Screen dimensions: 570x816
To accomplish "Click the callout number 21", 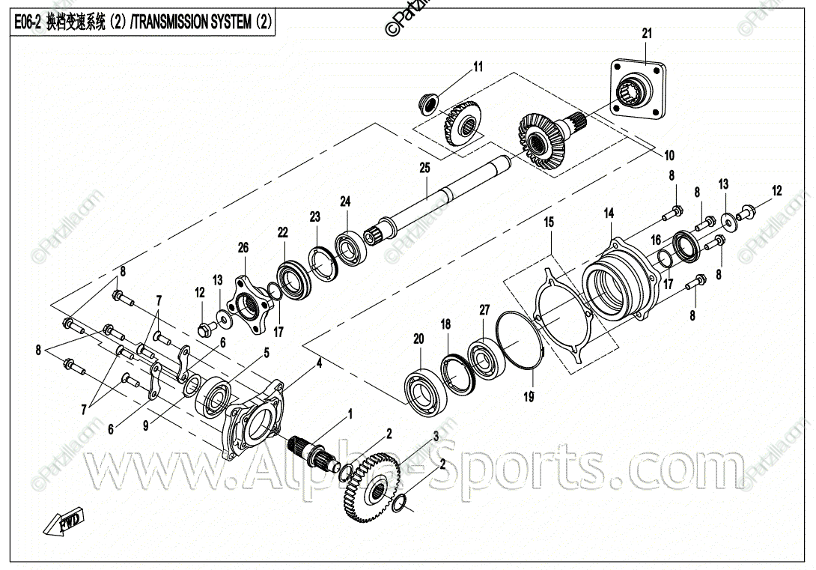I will [647, 33].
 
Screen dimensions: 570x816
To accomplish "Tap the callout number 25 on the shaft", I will [424, 169].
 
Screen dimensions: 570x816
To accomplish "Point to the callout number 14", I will [609, 213].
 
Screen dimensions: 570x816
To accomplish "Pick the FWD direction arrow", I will [66, 523].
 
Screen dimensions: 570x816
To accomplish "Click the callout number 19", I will [529, 397].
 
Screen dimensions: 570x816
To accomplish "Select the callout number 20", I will [418, 339].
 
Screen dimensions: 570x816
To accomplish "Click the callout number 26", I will [243, 247].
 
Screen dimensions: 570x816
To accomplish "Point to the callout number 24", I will [345, 201].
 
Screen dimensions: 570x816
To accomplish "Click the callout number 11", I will [478, 67].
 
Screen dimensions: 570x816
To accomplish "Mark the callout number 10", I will [669, 156].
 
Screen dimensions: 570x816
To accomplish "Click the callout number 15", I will [549, 222].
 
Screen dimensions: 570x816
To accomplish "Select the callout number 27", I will [484, 309].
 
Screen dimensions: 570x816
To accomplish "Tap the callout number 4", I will [319, 363].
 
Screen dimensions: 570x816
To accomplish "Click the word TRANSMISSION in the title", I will [192, 23].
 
